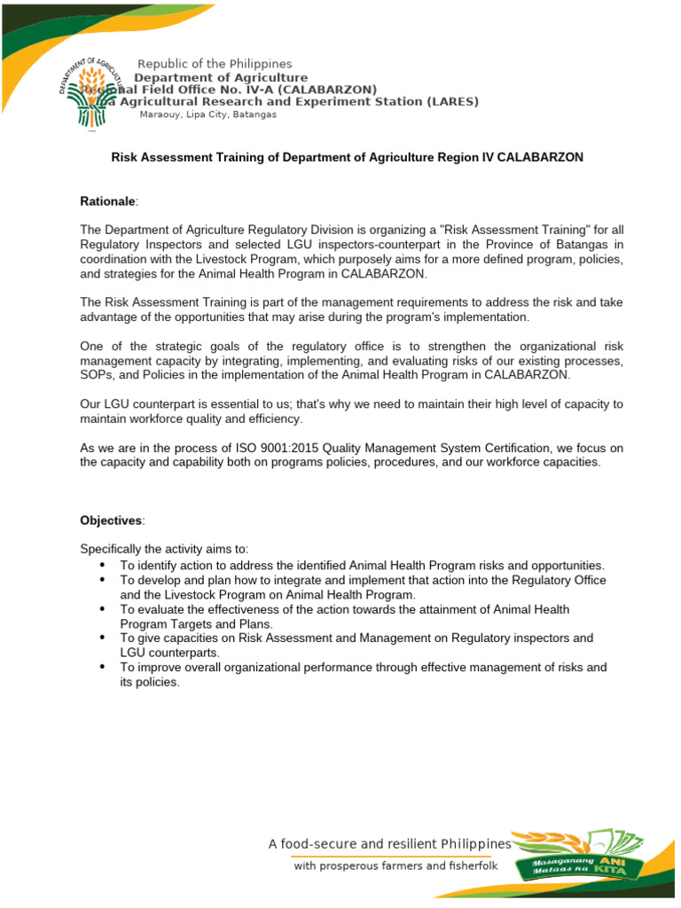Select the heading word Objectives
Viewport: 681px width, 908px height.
(111, 520)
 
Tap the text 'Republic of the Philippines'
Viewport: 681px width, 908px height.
(214, 64)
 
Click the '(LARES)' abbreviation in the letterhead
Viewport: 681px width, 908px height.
(451, 101)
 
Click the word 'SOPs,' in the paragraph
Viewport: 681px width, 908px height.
(98, 375)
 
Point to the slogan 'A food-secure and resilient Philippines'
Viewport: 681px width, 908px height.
(390, 843)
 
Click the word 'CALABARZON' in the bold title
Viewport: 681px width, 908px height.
(539, 157)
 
